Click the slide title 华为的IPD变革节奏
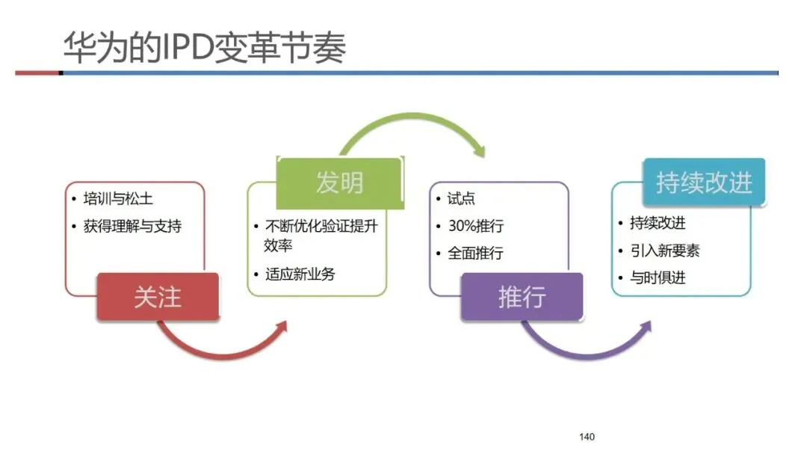[204, 46]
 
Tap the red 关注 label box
[158, 297]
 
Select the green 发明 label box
[339, 182]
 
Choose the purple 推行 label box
[522, 297]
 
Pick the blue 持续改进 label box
[704, 182]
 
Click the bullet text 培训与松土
[119, 199]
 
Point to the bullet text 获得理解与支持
[132, 225]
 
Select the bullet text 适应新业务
[300, 274]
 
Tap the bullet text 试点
[461, 199]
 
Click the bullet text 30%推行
[475, 226]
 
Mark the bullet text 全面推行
[475, 253]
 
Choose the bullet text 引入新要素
[664, 251]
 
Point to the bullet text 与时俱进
[658, 277]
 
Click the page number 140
[587, 437]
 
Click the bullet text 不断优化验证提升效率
[322, 235]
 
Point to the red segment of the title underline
[37, 73]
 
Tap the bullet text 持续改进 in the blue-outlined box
[658, 223]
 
